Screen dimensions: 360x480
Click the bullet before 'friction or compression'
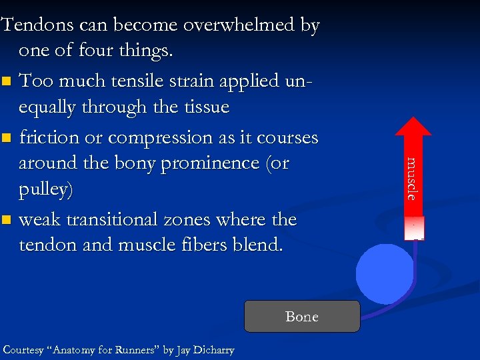coord(7,139)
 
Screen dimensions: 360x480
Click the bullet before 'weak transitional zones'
coord(7,220)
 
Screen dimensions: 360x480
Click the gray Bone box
coord(301,317)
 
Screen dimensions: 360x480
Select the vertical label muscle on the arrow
coord(413,179)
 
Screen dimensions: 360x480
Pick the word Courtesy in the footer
coord(25,350)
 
